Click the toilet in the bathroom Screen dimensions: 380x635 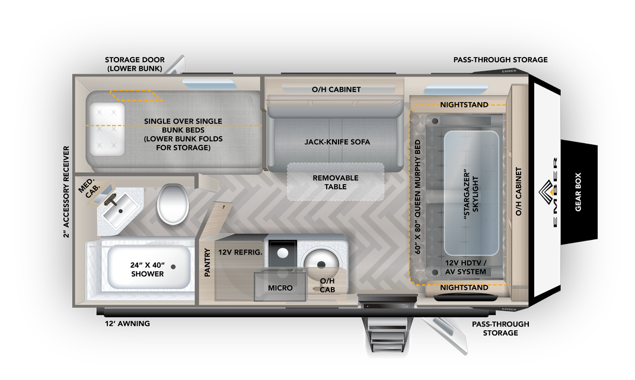(x=173, y=202)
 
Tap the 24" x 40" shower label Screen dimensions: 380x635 (x=148, y=270)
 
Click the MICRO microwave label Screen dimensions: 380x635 (x=280, y=288)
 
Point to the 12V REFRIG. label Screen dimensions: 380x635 (x=240, y=252)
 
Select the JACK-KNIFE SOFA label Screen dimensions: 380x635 (x=337, y=142)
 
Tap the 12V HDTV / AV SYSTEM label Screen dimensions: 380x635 (x=465, y=267)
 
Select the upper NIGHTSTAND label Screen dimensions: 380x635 (x=464, y=105)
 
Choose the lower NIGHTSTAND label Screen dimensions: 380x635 (x=464, y=288)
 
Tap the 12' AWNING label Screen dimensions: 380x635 (x=127, y=324)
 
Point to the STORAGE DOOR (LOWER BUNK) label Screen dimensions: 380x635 (x=135, y=64)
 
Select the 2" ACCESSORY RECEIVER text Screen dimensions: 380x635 (x=66, y=192)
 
